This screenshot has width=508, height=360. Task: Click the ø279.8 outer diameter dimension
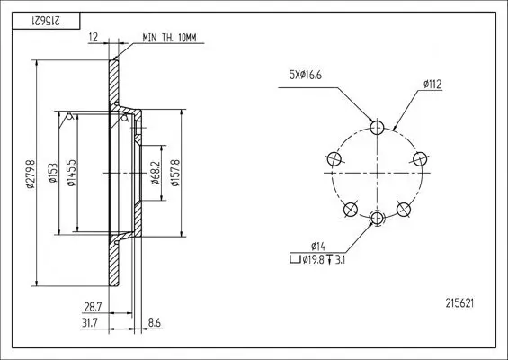click(30, 175)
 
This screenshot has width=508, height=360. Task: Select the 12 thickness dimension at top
click(94, 39)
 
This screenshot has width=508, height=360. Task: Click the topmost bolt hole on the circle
click(378, 126)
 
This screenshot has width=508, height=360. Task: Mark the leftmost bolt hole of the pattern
click(334, 158)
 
